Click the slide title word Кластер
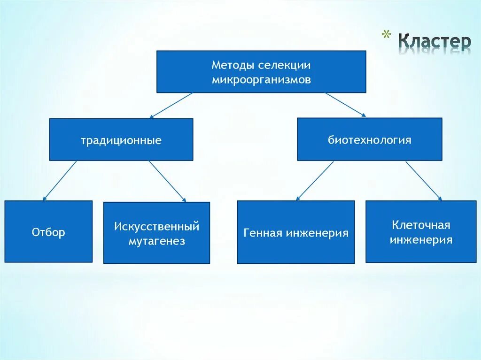pyautogui.click(x=434, y=42)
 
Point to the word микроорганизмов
pyautogui.click(x=261, y=79)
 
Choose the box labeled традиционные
pyautogui.click(x=121, y=140)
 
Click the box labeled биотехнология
pyautogui.click(x=369, y=139)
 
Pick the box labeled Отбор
pyautogui.click(x=48, y=232)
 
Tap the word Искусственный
pyautogui.click(x=156, y=227)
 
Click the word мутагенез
pyautogui.click(x=156, y=242)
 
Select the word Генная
pyautogui.click(x=263, y=233)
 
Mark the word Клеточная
pyautogui.click(x=421, y=225)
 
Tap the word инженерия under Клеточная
pyautogui.click(x=421, y=240)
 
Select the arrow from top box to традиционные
pyautogui.click(x=171, y=105)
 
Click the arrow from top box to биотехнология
pyautogui.click(x=345, y=104)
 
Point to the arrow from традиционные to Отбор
pyautogui.click(x=59, y=181)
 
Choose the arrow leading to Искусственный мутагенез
pyautogui.click(x=168, y=181)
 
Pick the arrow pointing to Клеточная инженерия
pyautogui.click(x=423, y=181)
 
